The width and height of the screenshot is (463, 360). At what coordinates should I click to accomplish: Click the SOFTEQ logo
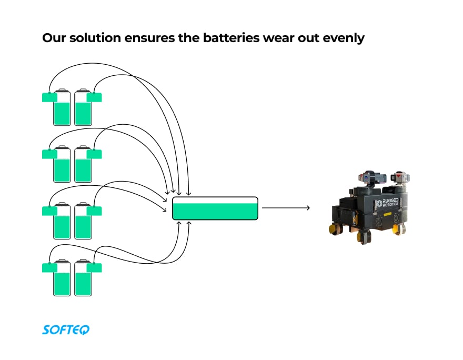(x=66, y=329)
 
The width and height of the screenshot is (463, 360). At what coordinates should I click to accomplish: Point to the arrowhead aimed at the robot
(x=307, y=208)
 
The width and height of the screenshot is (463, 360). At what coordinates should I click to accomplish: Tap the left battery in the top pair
(x=62, y=107)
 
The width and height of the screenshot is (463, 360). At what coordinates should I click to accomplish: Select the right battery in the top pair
(x=83, y=107)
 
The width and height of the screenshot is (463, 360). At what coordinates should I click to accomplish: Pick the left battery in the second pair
(x=62, y=164)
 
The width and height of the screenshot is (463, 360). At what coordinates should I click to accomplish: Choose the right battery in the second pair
(x=83, y=164)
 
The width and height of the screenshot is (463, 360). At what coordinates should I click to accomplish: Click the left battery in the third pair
(x=62, y=221)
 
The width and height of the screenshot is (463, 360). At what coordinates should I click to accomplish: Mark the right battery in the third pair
(x=83, y=221)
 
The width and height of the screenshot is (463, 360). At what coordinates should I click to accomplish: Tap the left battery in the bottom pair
(x=62, y=278)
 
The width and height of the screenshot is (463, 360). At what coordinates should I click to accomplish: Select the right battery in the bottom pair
(x=83, y=278)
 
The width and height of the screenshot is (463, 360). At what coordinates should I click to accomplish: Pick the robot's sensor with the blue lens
(x=365, y=178)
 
